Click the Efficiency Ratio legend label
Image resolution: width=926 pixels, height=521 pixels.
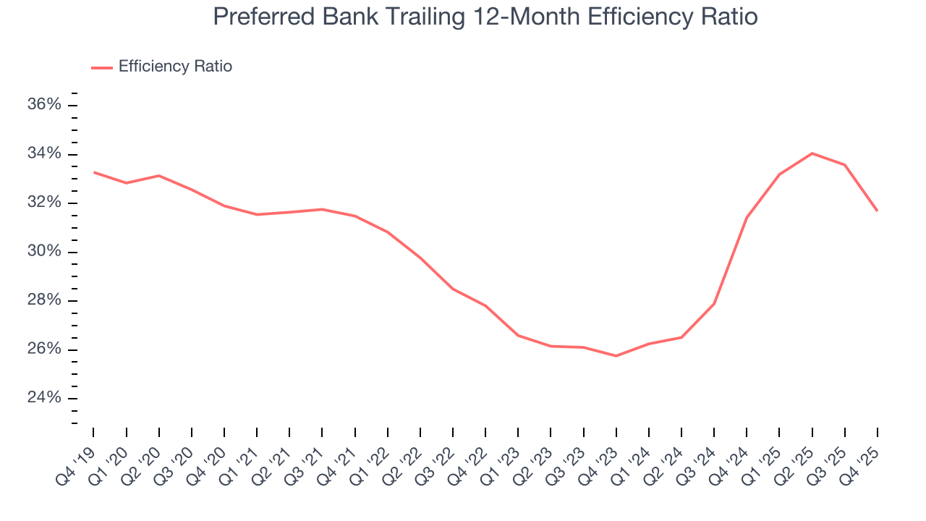175,67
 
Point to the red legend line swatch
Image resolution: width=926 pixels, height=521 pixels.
102,67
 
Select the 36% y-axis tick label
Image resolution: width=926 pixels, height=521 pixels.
44,105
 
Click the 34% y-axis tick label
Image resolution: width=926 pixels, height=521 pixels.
44,153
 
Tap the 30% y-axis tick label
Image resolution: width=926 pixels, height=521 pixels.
44,252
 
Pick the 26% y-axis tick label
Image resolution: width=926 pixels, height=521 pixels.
44,350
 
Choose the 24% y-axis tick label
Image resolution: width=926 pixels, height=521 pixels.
44,398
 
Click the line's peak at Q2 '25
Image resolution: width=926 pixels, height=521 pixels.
812,153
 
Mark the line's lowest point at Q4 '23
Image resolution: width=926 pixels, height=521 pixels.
616,356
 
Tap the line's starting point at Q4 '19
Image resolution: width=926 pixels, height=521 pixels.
94,172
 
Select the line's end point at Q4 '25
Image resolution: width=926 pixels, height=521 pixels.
878,211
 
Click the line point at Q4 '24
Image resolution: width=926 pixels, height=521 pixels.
747,217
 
